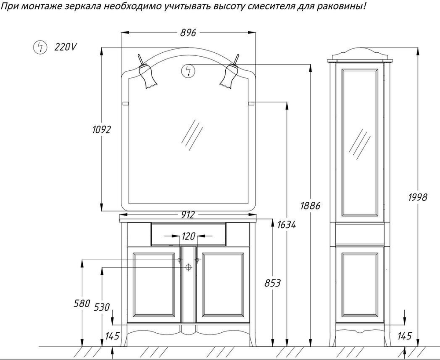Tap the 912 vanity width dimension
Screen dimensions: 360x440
[188, 214]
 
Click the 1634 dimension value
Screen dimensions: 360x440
[286, 224]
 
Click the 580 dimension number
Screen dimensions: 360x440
[82, 303]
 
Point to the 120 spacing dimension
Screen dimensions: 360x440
[188, 236]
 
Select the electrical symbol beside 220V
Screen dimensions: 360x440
[40, 47]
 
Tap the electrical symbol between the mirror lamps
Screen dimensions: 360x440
[188, 71]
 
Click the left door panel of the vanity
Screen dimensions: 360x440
[154, 284]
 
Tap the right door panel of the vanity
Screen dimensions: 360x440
[223, 284]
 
